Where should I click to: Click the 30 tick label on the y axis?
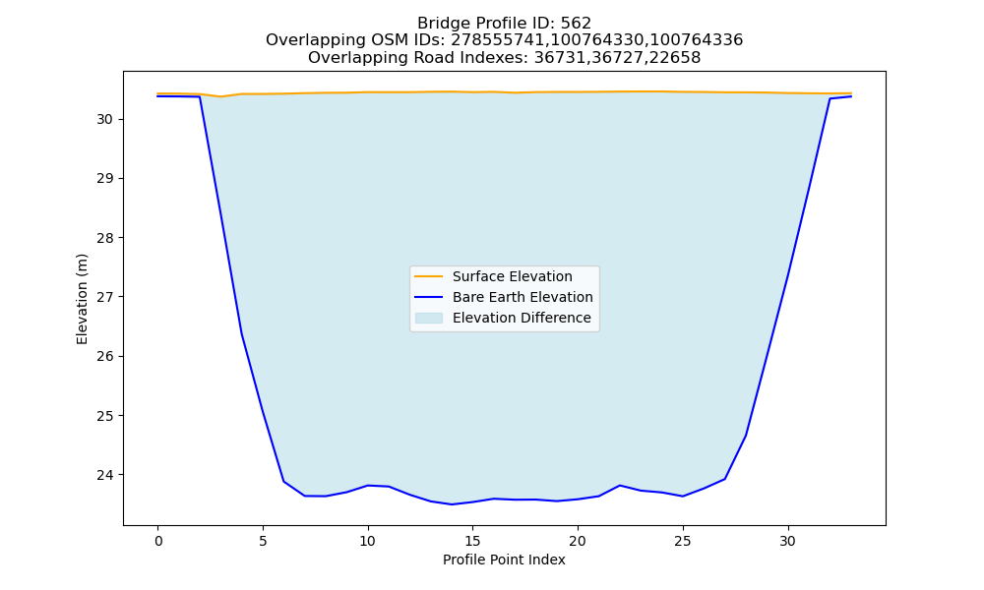104,119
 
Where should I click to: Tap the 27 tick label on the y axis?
104,297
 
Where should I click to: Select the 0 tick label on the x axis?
158,541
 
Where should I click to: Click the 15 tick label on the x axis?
472,541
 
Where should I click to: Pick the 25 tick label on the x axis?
683,541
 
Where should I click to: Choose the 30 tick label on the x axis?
787,541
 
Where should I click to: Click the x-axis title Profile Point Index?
504,560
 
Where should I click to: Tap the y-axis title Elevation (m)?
82,299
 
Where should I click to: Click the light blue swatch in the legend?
429,318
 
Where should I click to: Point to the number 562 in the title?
576,24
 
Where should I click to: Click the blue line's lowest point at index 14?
452,504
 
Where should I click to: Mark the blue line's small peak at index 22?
619,486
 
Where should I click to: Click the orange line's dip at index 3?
220,96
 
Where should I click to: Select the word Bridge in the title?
439,24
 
